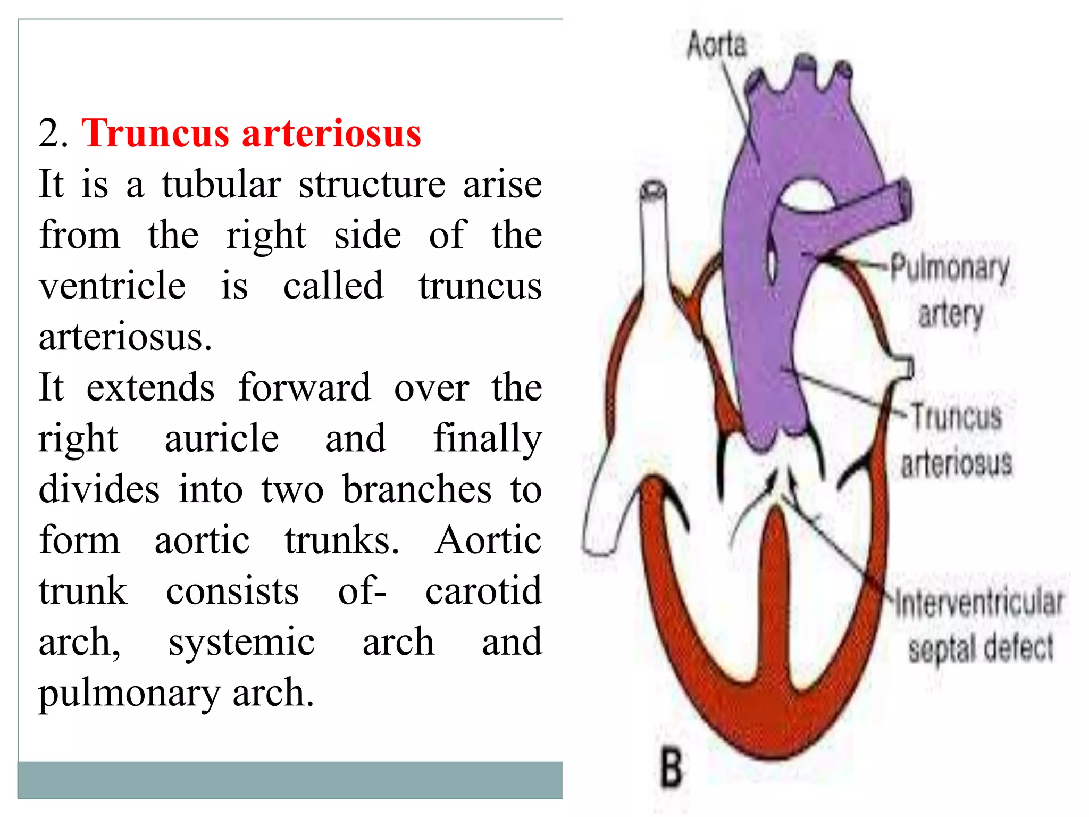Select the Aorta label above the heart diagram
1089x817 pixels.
pos(716,45)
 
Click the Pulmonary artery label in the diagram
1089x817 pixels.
pos(950,290)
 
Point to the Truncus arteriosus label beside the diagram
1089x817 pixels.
pos(956,439)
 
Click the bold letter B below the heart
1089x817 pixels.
pos(671,768)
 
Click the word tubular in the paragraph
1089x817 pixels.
pos(221,184)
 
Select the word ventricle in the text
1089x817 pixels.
pos(112,286)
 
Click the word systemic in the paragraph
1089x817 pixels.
pos(241,641)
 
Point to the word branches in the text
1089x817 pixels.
pos(417,489)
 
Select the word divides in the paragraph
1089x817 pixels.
pos(99,489)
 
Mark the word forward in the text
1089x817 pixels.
pos(304,387)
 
